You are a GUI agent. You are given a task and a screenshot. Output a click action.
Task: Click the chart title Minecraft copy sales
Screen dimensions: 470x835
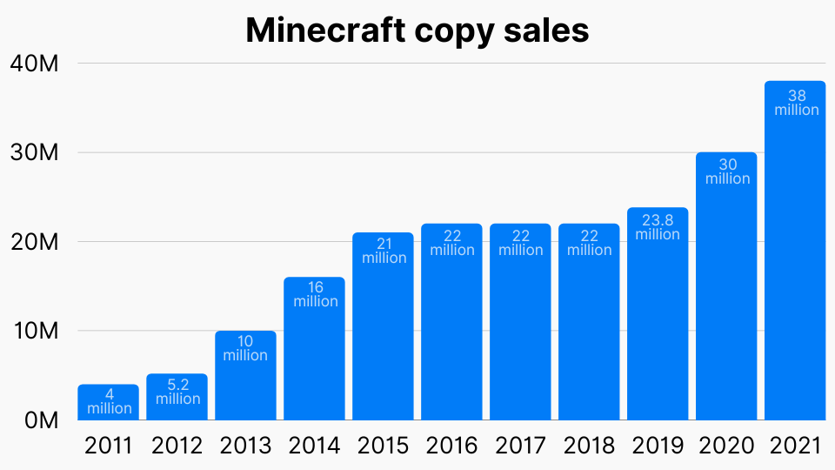pyautogui.click(x=417, y=30)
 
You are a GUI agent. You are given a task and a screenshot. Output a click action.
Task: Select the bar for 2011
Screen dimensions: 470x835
pyautogui.click(x=108, y=402)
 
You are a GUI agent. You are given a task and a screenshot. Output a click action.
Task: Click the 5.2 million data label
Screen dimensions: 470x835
pyautogui.click(x=177, y=392)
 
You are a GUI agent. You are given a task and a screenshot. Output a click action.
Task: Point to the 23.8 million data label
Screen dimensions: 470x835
pyautogui.click(x=658, y=227)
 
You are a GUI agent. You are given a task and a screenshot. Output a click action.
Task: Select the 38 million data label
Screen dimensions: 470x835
pyautogui.click(x=795, y=103)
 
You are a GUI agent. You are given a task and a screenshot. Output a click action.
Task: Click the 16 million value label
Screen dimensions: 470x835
pyautogui.click(x=314, y=294)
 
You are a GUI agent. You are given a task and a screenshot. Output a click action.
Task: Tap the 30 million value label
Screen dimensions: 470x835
pyautogui.click(x=726, y=171)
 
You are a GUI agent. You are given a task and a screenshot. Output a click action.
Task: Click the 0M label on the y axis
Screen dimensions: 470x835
pyautogui.click(x=40, y=420)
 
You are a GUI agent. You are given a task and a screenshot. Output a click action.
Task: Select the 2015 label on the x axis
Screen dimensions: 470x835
pyautogui.click(x=383, y=446)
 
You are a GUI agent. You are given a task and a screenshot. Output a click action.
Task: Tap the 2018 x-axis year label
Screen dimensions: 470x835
pyautogui.click(x=589, y=446)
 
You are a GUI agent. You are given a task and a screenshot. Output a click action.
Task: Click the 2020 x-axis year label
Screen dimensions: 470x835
pyautogui.click(x=726, y=446)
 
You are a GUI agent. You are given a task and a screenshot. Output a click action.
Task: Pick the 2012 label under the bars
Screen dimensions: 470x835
pyautogui.click(x=177, y=446)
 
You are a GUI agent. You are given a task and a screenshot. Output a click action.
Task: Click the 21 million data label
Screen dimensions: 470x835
pyautogui.click(x=383, y=251)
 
